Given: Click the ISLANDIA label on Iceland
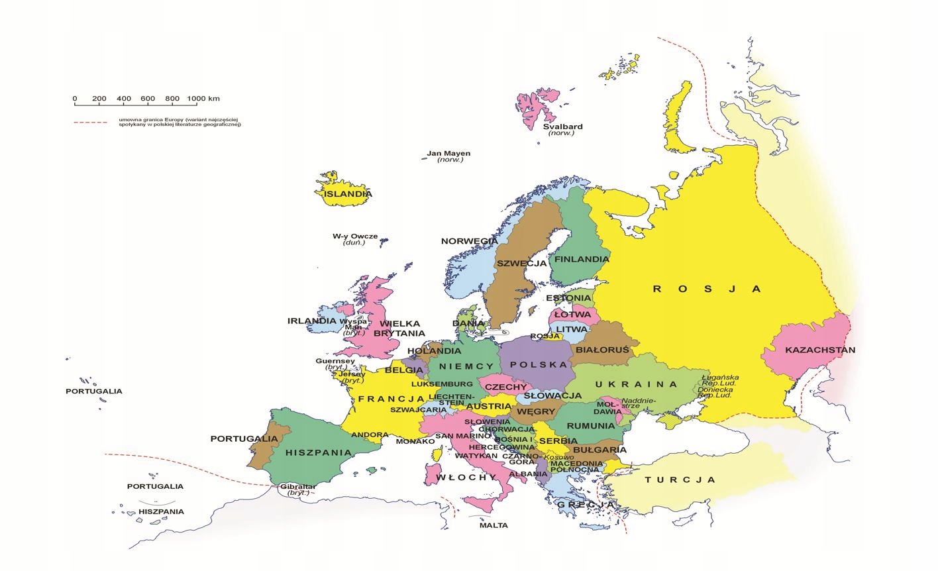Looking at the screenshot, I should pos(347,194).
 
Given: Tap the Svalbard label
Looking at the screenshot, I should pos(562,127).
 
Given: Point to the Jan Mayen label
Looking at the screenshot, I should pos(448,154).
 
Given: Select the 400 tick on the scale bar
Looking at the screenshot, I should pos(123,99).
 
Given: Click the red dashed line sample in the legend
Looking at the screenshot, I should pos(90,123).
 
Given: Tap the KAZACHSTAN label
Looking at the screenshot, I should pos(820,350).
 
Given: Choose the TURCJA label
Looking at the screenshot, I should pos(680,480).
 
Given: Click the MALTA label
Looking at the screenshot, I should pos(494,525).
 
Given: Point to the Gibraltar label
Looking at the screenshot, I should pos(297,487).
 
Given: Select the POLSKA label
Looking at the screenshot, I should pos(539,364).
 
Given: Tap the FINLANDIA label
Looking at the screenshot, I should pos(582,259).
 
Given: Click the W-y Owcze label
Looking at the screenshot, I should pos(355,236).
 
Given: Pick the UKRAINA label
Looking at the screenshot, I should pos(636,384).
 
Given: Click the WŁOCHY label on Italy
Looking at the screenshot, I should pos(466,477).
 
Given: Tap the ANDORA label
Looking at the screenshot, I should pos(370,435).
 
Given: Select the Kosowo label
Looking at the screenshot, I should pos(560,457).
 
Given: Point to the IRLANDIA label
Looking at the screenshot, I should pos(312,321).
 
